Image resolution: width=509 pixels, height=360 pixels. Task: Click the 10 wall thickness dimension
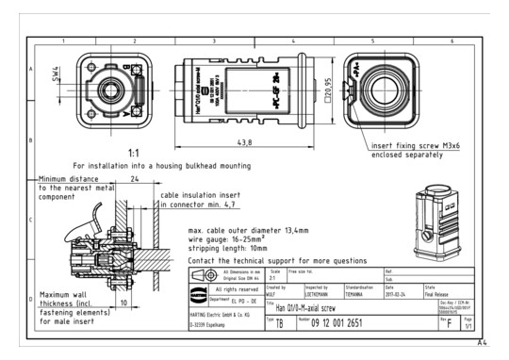click(x=124, y=304)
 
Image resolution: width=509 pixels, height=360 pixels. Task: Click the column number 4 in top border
click(x=293, y=41)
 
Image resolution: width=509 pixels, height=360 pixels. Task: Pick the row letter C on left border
click(x=31, y=221)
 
